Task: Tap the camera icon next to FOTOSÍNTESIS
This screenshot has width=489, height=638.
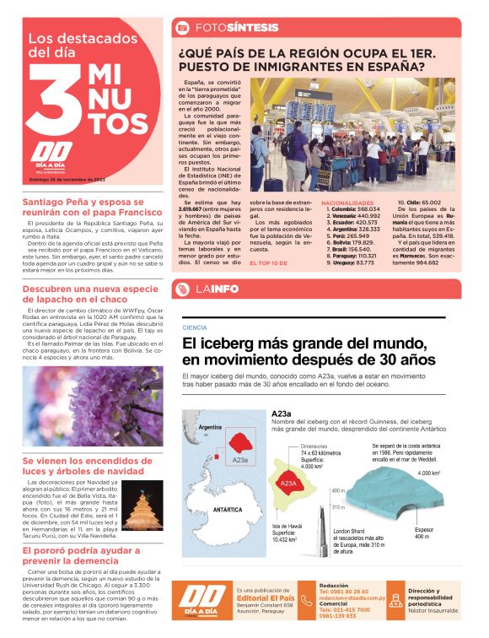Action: coord(181,28)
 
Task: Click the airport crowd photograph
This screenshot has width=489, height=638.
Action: coord(352,135)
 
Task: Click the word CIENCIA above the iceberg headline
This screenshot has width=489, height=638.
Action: coord(195,327)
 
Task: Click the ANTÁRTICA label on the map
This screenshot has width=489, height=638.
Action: coord(228,511)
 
